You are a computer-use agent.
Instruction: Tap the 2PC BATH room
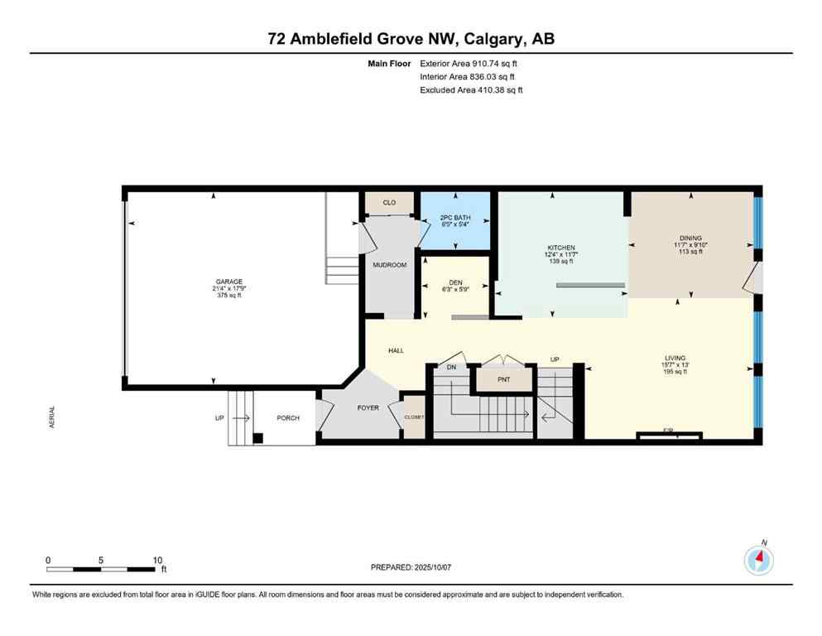tap(455, 218)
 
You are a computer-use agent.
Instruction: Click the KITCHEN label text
tap(560, 248)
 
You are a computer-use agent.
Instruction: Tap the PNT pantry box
tap(503, 380)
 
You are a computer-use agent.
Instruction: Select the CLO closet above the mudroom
tap(389, 202)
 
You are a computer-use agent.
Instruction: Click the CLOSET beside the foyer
tap(414, 417)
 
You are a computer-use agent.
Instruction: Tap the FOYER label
tap(368, 407)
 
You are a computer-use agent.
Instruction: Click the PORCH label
tap(288, 417)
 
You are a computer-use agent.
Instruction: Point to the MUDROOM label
tap(390, 265)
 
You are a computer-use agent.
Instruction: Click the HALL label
tap(396, 351)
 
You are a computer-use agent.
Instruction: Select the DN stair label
tap(451, 367)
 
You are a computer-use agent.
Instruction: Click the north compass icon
tap(758, 561)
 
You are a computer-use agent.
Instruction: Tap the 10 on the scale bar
tap(157, 560)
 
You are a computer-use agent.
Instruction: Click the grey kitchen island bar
tap(590, 286)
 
